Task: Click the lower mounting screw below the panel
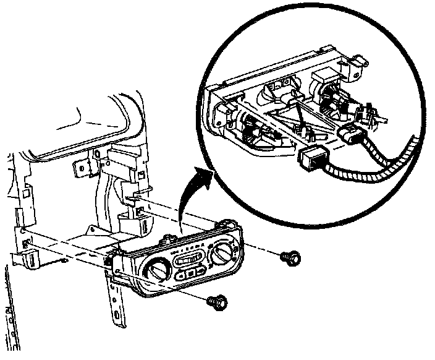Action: point(216,301)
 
